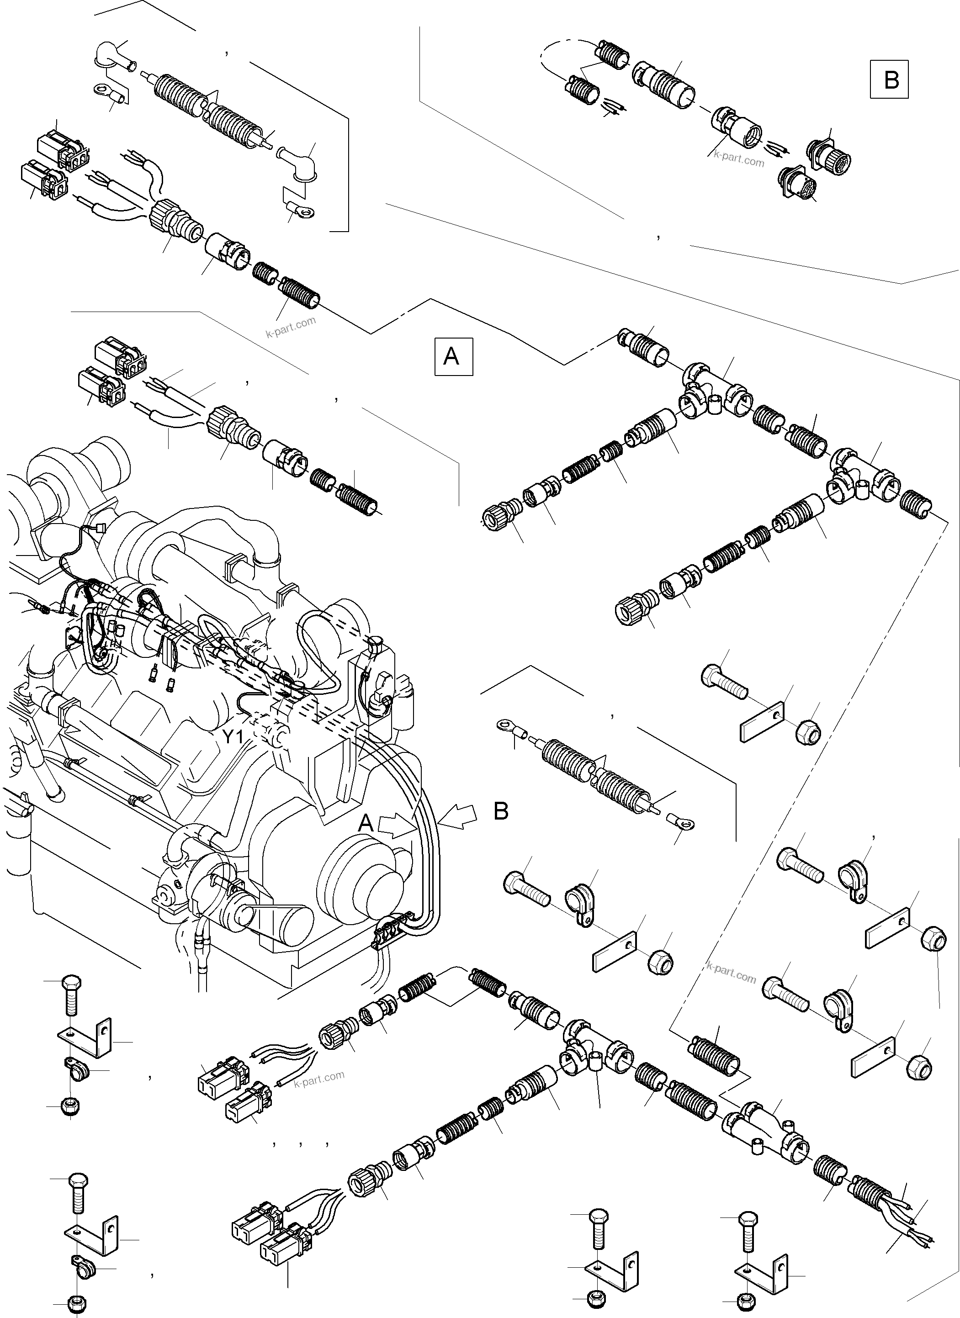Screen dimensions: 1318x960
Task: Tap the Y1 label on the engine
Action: (233, 737)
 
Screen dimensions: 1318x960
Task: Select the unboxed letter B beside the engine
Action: (501, 811)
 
